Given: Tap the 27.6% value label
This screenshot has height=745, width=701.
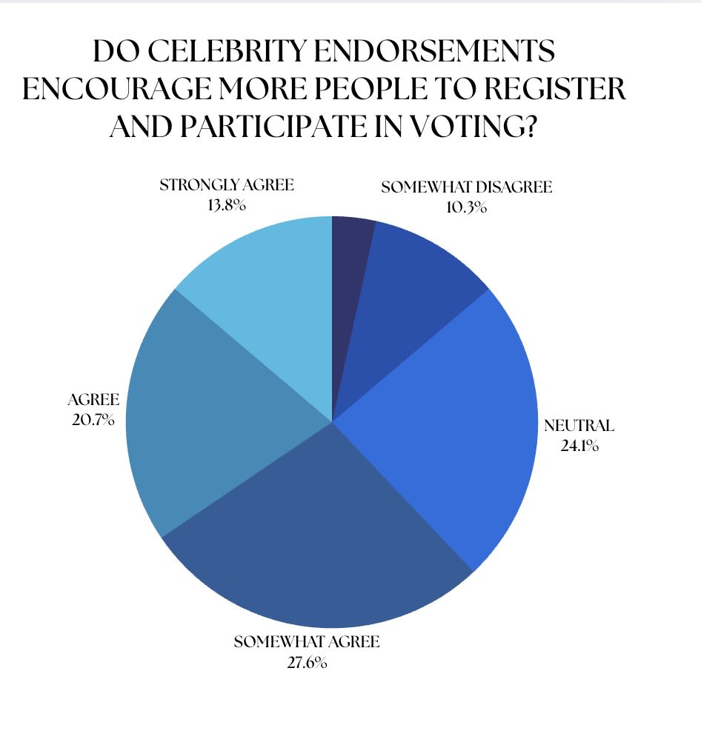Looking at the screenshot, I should (x=306, y=661).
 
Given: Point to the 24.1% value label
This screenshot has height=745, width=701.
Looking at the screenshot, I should (x=579, y=447).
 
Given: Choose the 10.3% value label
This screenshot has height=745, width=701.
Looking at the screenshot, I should (x=466, y=208).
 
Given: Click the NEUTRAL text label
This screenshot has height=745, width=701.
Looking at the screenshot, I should (x=579, y=426).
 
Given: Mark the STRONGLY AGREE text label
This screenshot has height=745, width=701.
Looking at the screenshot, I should (x=227, y=185).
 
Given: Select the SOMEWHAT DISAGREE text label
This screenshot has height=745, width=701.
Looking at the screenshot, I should (x=466, y=188).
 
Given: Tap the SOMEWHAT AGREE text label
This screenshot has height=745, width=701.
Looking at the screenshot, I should (x=306, y=641).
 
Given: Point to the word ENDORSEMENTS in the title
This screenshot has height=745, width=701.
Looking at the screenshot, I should (x=443, y=52).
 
